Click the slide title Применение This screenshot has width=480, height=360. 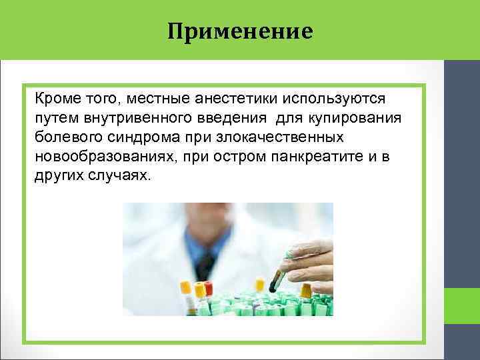point(240,31)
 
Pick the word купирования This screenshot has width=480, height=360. point(347,118)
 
